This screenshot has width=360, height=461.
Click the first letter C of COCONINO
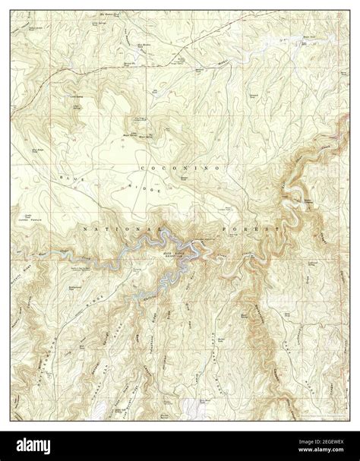coord(142,166)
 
